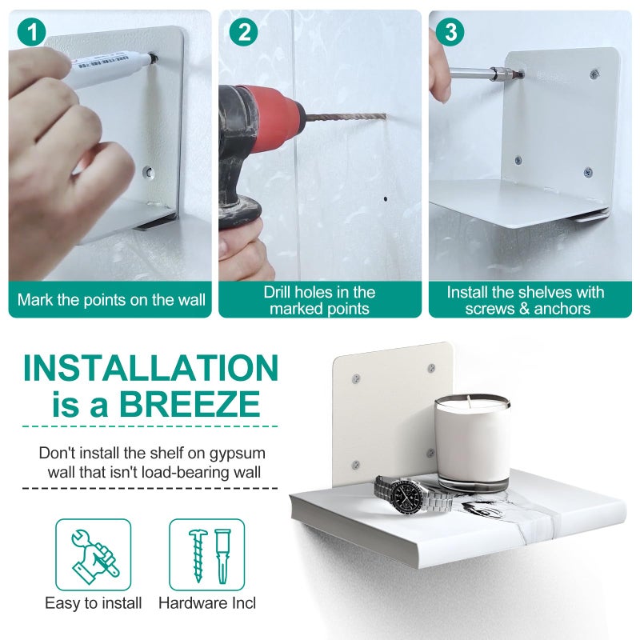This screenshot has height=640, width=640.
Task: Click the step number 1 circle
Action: [31, 32]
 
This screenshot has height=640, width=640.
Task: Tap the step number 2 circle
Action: [243, 32]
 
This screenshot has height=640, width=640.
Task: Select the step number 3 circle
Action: [450, 32]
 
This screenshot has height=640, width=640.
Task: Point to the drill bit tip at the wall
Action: [385, 116]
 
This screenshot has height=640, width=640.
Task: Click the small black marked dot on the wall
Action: [386, 199]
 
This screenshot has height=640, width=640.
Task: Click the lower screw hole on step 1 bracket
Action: [149, 172]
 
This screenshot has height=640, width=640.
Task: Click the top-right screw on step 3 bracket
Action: [594, 74]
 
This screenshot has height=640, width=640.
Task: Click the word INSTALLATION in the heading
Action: [151, 368]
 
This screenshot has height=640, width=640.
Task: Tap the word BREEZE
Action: [190, 404]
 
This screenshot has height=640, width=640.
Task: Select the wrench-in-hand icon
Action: [94, 554]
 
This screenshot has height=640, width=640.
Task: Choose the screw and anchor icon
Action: [207, 554]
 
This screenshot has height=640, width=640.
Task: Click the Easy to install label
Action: [94, 603]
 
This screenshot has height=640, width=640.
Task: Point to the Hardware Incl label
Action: [207, 603]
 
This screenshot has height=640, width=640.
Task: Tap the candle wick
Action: [470, 401]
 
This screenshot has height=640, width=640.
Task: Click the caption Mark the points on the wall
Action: [111, 300]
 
